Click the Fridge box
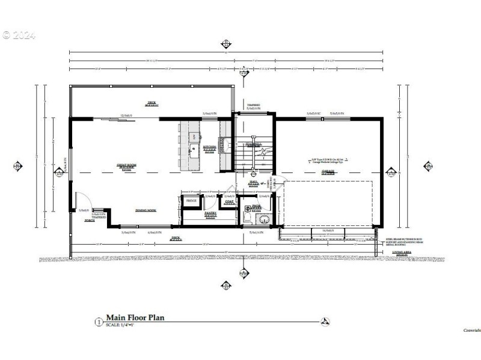click(192, 201)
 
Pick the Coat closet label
click(229, 202)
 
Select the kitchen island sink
click(194, 148)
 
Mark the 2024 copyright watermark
click(19, 35)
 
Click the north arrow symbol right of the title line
click(325, 321)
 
